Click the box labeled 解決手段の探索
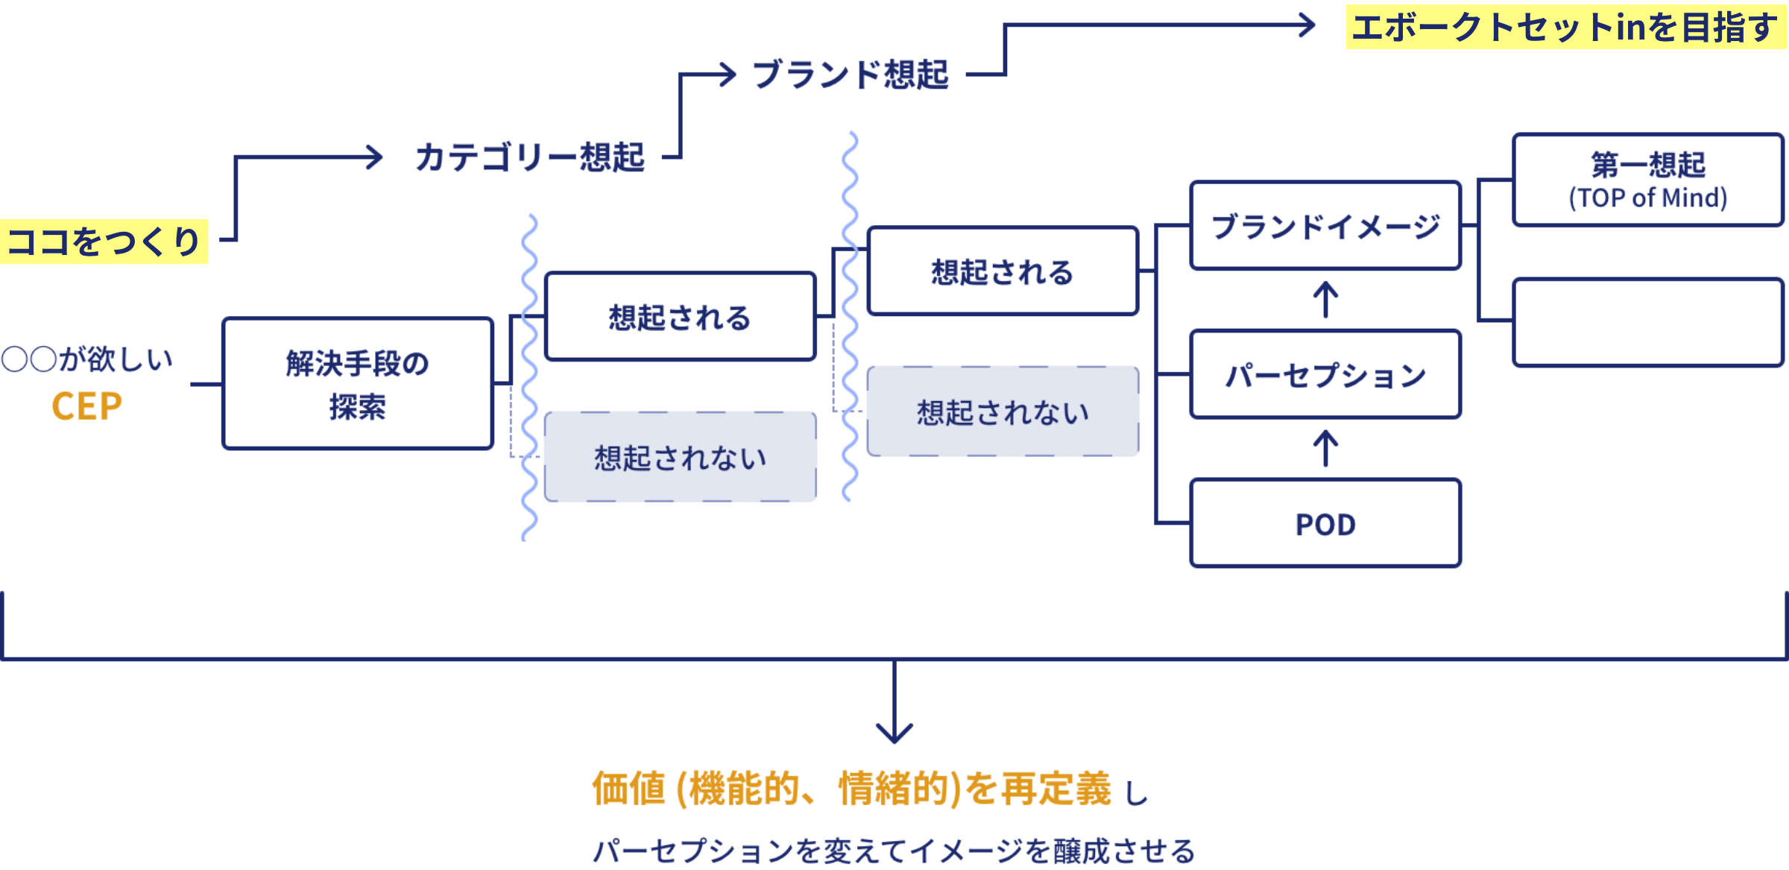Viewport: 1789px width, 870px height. [x=358, y=384]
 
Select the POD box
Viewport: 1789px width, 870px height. [x=1325, y=524]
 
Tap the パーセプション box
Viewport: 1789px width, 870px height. [x=1325, y=375]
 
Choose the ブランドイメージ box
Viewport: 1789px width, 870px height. [x=1325, y=226]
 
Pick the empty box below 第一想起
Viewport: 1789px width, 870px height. [x=1647, y=323]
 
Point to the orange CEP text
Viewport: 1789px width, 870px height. [x=86, y=407]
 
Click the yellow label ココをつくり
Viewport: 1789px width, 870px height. [x=104, y=242]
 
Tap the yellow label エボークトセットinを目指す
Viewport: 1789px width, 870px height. [x=1565, y=28]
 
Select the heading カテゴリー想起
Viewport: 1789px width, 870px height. [x=529, y=158]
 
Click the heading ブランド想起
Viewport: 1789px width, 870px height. [x=851, y=75]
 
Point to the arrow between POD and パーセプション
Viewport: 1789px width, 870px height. [x=1325, y=448]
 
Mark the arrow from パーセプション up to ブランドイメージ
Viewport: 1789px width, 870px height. [x=1325, y=299]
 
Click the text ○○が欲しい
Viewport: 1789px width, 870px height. [x=86, y=359]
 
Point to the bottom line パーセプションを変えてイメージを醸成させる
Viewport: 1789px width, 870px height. [x=894, y=851]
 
